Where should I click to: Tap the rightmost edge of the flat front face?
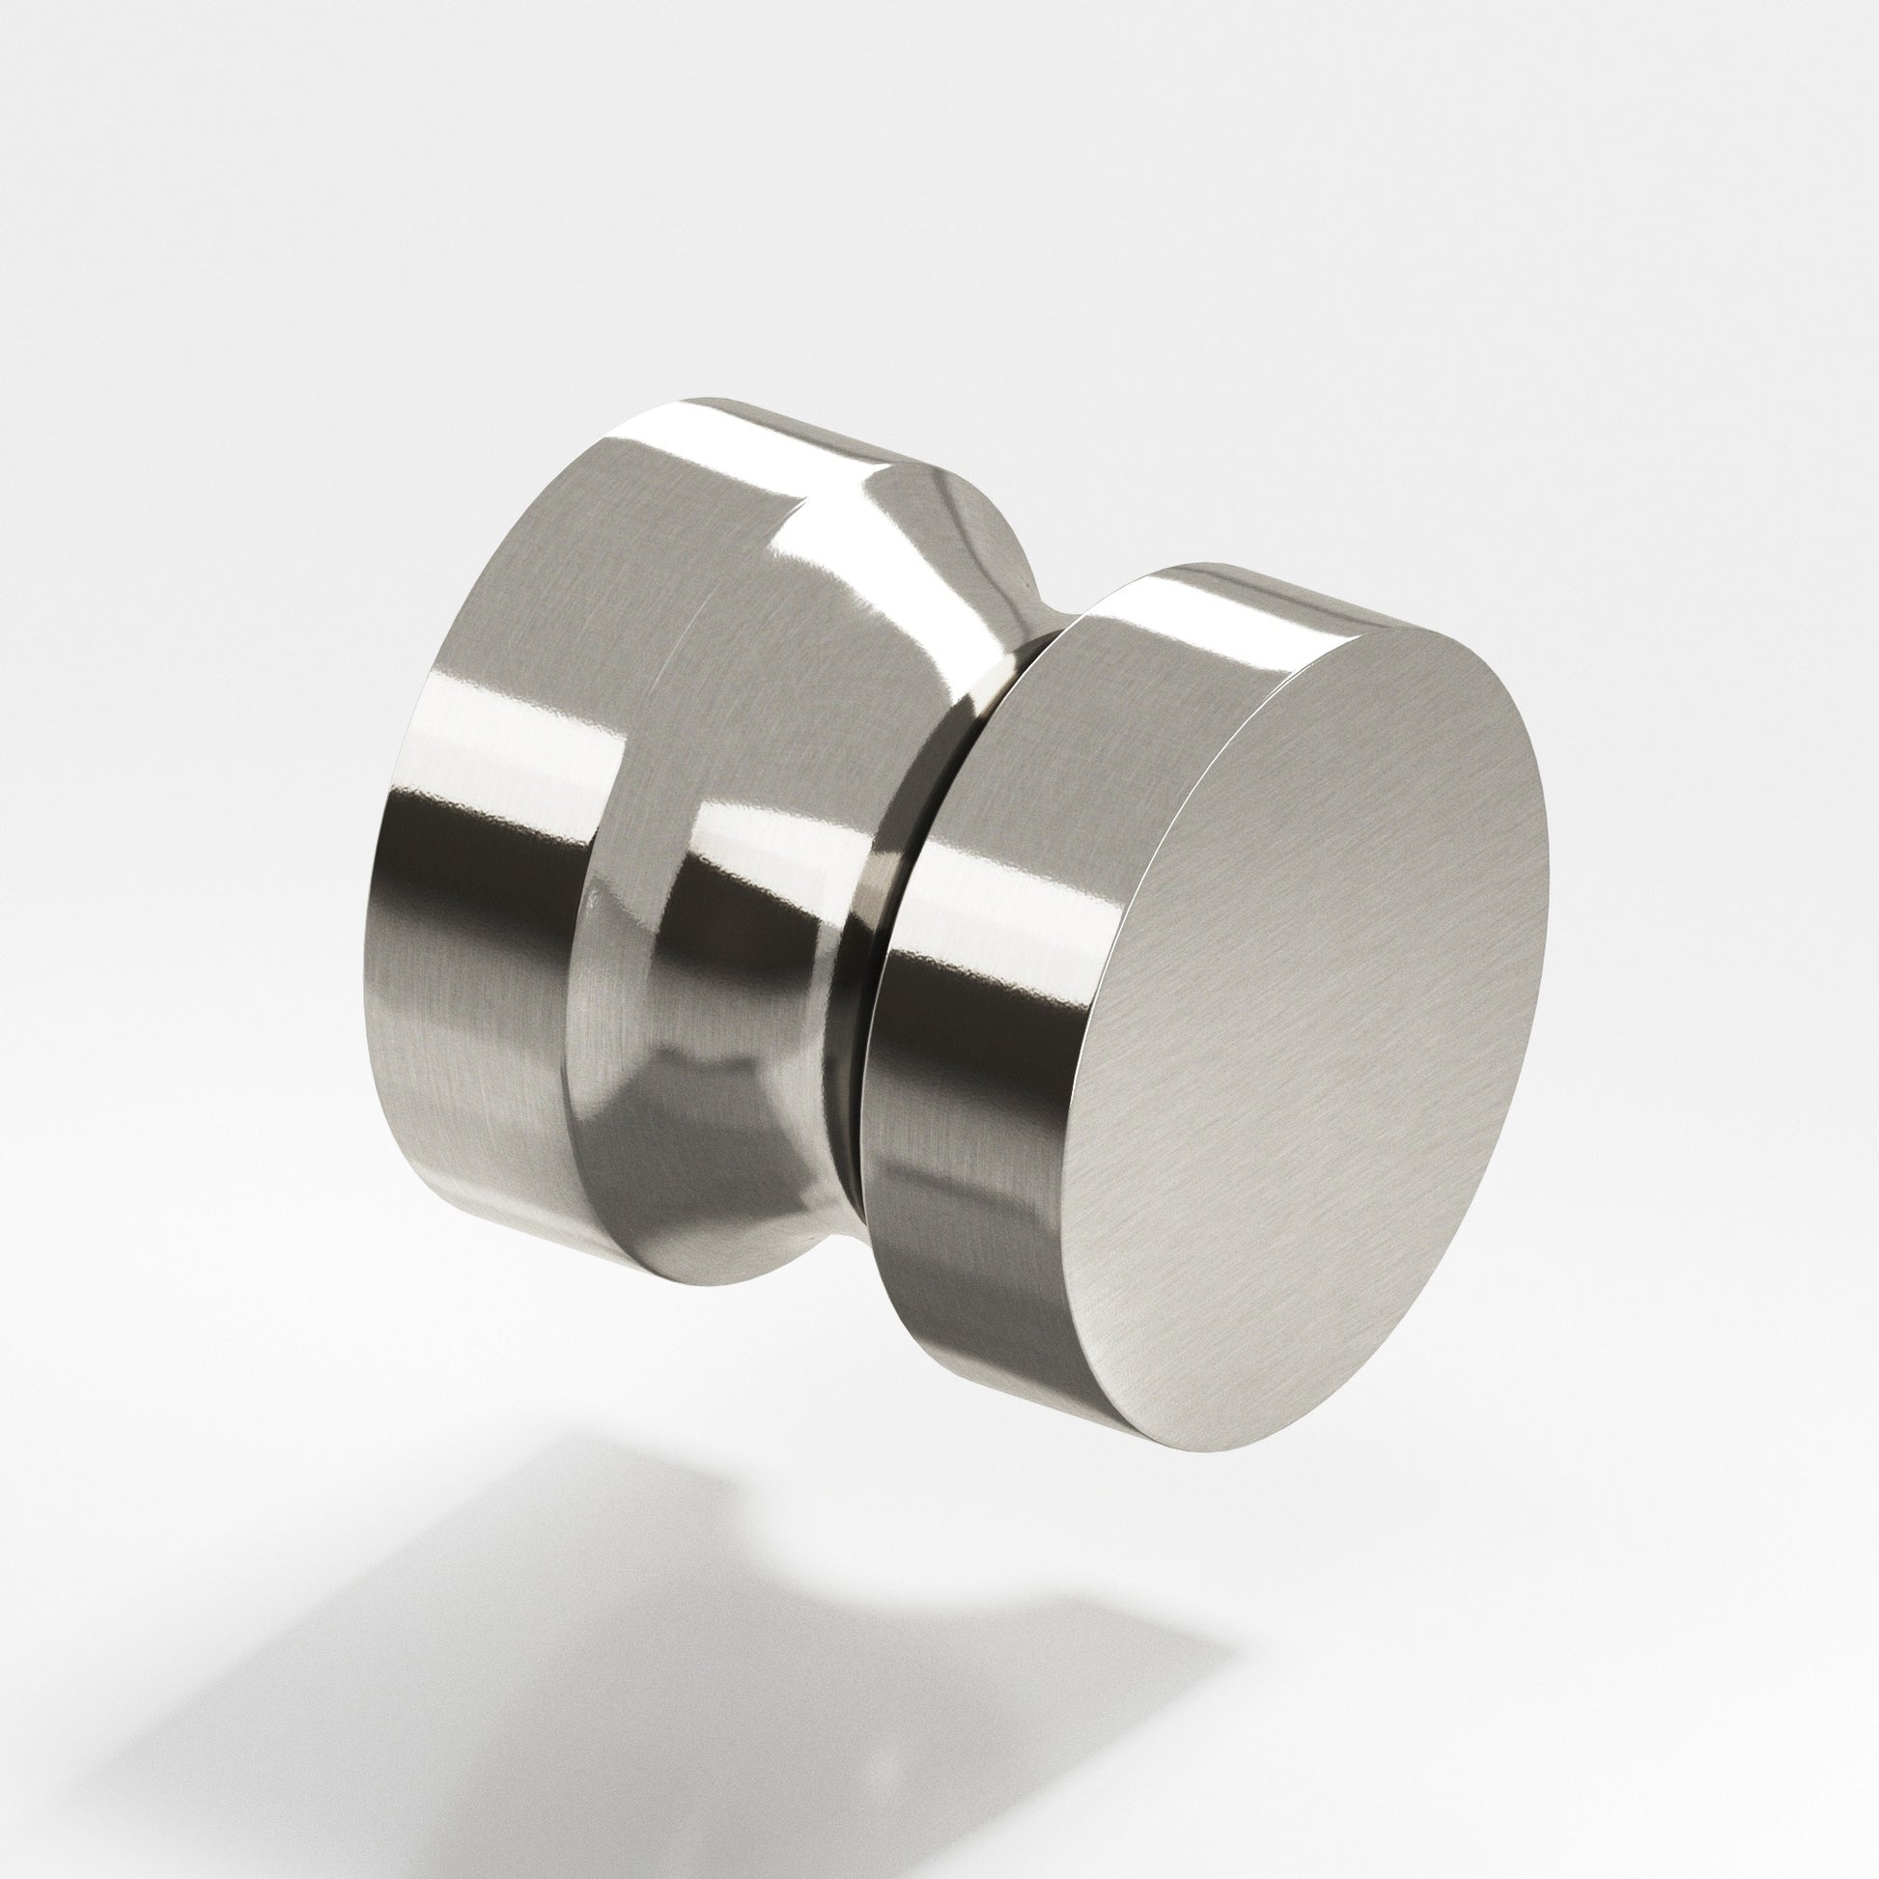[x=1547, y=876]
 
